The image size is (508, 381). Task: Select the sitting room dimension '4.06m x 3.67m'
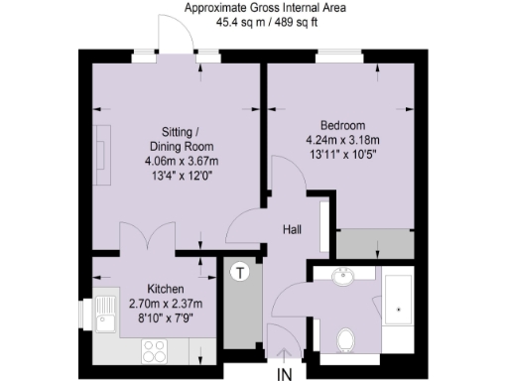173,162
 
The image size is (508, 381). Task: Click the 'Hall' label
292,230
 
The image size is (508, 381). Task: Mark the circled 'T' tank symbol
239,272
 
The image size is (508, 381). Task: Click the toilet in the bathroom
346,340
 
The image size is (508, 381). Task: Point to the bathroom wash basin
343,277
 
